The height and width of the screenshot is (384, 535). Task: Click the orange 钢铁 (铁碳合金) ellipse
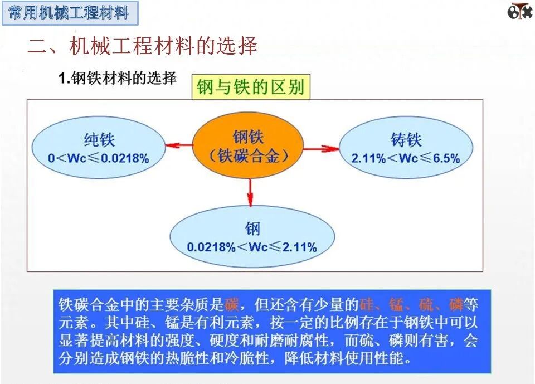click(x=249, y=146)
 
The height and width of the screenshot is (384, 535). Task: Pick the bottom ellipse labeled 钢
click(x=252, y=237)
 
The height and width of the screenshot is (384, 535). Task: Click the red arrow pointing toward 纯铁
click(x=179, y=145)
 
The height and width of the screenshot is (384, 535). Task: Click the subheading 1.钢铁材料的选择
click(x=118, y=79)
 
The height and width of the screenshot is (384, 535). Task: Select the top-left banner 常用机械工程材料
click(x=69, y=13)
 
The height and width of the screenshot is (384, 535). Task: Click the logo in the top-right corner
click(x=519, y=11)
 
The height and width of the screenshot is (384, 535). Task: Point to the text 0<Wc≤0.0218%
click(x=99, y=158)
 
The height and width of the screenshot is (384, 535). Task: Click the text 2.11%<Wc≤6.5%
click(x=406, y=158)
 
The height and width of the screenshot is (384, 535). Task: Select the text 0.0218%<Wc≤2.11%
click(x=252, y=247)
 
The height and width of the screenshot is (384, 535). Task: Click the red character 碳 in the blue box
click(x=232, y=305)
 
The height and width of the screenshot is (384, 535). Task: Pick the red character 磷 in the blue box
click(x=456, y=305)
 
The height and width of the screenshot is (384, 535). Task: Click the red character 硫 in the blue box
click(x=426, y=305)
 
